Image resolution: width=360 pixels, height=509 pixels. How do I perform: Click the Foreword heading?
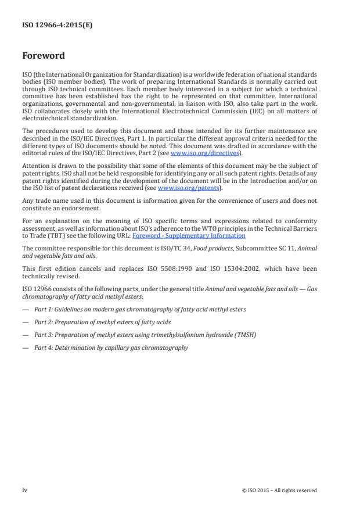click(43, 56)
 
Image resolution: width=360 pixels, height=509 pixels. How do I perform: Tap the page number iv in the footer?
click(24, 490)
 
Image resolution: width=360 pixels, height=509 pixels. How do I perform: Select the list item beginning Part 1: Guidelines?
click(139, 309)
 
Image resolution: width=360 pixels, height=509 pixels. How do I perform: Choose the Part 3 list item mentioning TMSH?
click(136, 335)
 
